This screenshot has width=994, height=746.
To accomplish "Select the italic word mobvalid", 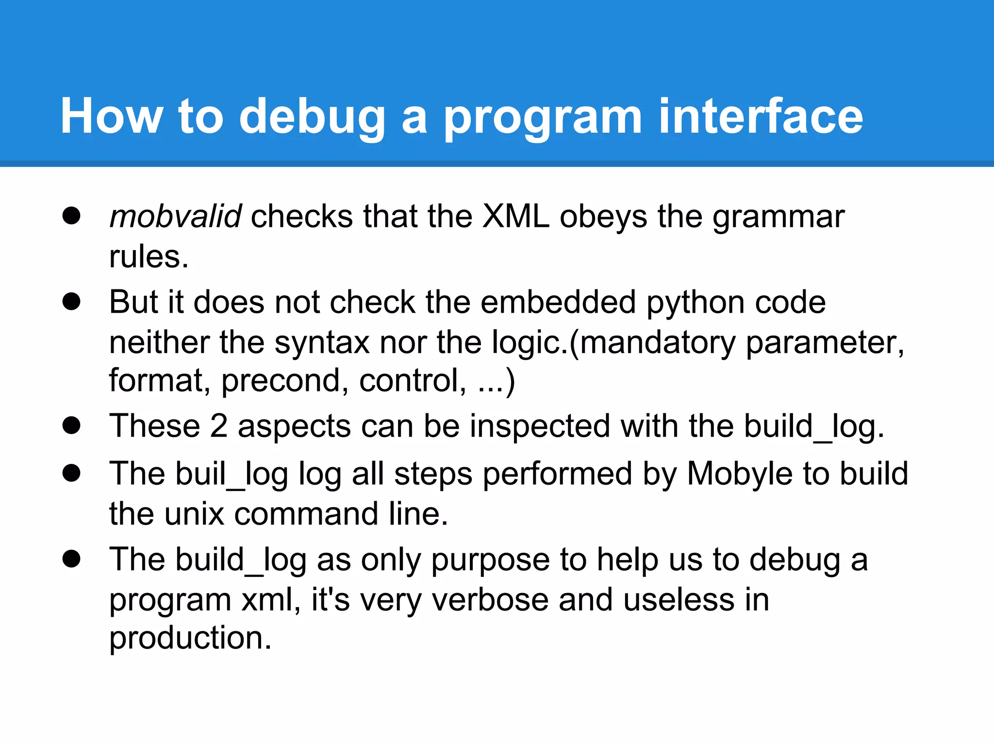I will [175, 216].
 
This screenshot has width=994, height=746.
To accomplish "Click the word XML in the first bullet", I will [516, 216].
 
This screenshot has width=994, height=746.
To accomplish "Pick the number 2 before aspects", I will [219, 426].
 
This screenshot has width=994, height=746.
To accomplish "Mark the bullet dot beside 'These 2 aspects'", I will [71, 425].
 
